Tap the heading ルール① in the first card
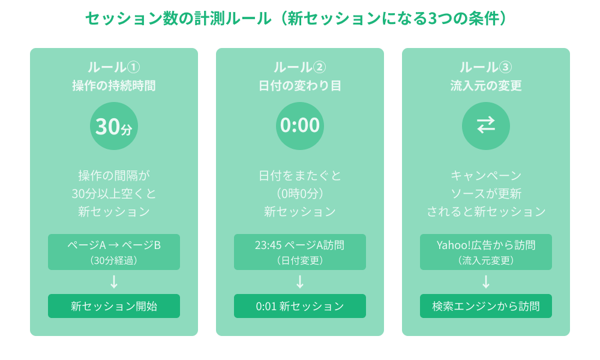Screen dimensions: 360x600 tap(114, 67)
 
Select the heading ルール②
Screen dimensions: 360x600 tap(300, 67)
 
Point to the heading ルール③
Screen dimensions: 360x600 tap(486, 67)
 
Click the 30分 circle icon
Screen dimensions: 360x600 tap(114, 126)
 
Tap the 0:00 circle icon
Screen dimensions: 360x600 tap(300, 126)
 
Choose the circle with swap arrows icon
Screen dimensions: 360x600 tap(486, 126)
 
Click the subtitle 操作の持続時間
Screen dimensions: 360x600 tap(114, 86)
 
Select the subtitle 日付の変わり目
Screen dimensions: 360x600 tap(300, 86)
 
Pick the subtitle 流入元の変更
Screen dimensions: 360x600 tap(486, 86)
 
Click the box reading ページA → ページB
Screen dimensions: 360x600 tap(114, 252)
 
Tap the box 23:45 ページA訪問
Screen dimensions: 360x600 tap(300, 252)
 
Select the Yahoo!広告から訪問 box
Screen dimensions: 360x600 tap(486, 252)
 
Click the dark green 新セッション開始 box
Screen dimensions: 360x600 tap(114, 306)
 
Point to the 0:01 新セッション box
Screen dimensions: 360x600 tap(300, 306)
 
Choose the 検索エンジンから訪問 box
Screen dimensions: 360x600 tap(486, 306)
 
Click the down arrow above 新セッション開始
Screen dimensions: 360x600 tap(114, 282)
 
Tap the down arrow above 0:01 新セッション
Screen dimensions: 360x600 tap(300, 282)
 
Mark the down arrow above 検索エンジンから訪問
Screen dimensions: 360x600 tap(486, 282)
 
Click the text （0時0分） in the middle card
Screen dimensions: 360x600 tap(300, 194)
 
